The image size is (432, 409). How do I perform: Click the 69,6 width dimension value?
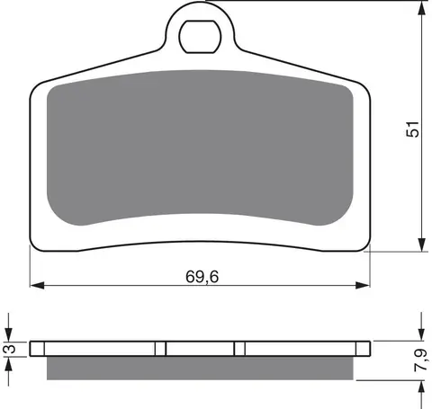pyautogui.click(x=202, y=276)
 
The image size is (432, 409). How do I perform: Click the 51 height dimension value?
pyautogui.click(x=412, y=129)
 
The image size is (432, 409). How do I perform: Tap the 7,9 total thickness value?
pyautogui.click(x=420, y=360)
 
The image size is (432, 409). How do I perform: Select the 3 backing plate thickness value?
pyautogui.click(x=11, y=349)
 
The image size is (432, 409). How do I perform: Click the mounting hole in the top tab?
pyautogui.click(x=200, y=37)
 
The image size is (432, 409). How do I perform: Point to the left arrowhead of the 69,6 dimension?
pyautogui.click(x=37, y=285)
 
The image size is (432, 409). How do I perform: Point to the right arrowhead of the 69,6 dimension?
pyautogui.click(x=363, y=285)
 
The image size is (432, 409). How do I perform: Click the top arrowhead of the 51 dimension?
pyautogui.click(x=422, y=12)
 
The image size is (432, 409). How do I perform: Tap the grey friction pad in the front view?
pyautogui.click(x=200, y=147)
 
